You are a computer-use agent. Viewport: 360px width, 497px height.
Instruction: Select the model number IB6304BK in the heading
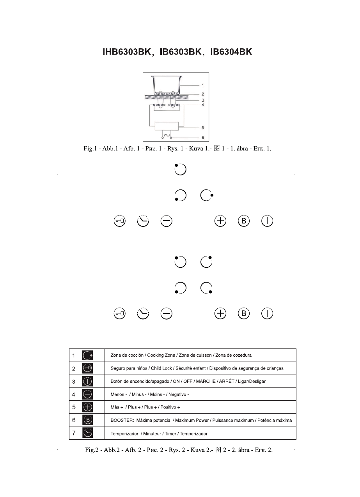pyautogui.click(x=231, y=52)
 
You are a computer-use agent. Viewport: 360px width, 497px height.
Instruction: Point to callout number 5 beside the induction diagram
pyautogui.click(x=203, y=127)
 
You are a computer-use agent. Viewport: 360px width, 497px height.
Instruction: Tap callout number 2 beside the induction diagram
pyautogui.click(x=203, y=94)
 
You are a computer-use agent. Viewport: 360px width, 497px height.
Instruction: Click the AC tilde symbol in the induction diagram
pyautogui.click(x=167, y=136)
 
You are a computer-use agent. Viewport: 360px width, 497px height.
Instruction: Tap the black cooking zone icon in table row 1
pyautogui.click(x=88, y=355)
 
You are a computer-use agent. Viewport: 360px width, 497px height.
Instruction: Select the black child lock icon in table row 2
pyautogui.click(x=88, y=368)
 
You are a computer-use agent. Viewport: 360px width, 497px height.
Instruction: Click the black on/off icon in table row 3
pyautogui.click(x=88, y=381)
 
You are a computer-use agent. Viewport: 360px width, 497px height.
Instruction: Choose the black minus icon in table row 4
pyautogui.click(x=88, y=394)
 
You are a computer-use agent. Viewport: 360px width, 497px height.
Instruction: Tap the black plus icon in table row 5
pyautogui.click(x=88, y=407)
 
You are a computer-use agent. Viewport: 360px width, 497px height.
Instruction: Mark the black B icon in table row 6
pyautogui.click(x=88, y=420)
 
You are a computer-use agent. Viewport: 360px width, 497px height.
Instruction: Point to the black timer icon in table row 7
pyautogui.click(x=88, y=433)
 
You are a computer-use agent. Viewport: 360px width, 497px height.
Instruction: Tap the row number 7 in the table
pyautogui.click(x=74, y=433)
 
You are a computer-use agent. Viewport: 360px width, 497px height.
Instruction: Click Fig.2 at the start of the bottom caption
pyautogui.click(x=92, y=450)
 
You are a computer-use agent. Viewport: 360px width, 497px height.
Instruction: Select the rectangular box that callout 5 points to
pyautogui.click(x=167, y=127)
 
